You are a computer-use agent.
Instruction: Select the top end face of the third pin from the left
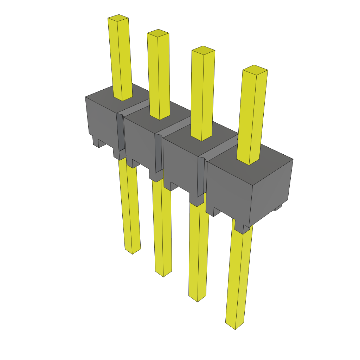[x=203, y=50]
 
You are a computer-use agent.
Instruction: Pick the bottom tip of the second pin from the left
[x=163, y=274]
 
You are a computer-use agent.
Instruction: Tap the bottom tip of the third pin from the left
[x=197, y=298]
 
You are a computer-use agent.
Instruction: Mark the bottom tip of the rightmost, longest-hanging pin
[x=235, y=326]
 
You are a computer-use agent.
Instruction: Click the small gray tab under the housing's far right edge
[x=278, y=208]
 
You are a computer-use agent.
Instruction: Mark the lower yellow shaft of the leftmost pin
[x=129, y=204]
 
